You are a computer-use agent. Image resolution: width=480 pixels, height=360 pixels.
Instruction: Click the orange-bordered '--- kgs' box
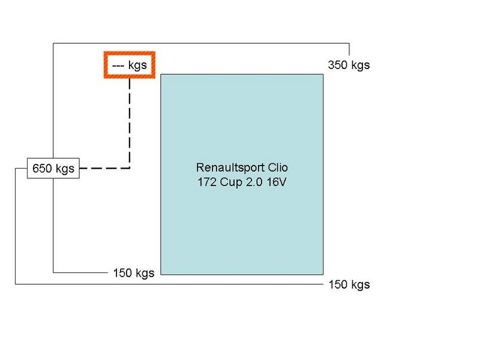130,65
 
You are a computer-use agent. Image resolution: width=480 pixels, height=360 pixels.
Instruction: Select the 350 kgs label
349,65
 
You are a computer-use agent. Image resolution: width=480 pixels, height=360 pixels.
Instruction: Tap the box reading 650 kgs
53,169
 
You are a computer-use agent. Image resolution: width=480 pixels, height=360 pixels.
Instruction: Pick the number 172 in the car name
206,182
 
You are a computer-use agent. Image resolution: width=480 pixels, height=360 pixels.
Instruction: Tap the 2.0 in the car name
255,182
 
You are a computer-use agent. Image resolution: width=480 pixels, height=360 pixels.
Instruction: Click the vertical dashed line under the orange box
130,120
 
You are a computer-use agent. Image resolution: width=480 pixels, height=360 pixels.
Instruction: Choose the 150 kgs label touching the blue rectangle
133,273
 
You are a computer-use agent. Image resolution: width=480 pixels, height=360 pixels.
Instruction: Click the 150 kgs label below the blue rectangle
349,284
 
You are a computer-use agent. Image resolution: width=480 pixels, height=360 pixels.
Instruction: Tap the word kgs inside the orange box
137,65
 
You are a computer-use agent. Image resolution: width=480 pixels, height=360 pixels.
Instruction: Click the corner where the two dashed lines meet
130,169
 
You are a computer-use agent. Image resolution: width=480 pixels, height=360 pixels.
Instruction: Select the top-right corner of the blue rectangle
324,74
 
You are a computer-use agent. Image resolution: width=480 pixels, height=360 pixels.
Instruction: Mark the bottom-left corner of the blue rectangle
160,274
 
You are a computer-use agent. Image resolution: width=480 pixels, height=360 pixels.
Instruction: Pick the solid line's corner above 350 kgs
349,43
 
